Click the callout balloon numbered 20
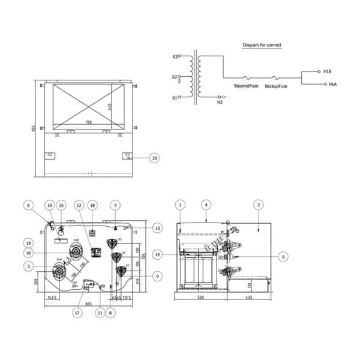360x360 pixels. tap(154, 158)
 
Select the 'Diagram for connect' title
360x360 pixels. tap(262, 45)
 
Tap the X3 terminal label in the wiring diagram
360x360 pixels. tap(175, 57)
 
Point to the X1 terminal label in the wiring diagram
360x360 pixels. tap(175, 97)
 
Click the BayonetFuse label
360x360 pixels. tap(246, 86)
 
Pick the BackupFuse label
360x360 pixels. tap(276, 86)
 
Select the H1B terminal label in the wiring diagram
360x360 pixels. tap(327, 71)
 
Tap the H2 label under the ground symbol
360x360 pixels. tap(220, 103)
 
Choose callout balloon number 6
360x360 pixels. tap(28, 205)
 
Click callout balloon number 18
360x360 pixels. tap(92, 205)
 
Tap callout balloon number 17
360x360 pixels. tap(77, 313)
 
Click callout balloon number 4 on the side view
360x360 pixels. tap(206, 205)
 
